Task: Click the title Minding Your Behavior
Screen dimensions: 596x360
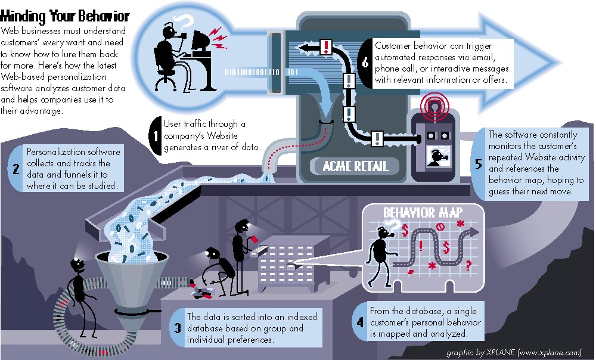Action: [x=65, y=16]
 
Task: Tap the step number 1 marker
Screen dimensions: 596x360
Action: [x=156, y=136]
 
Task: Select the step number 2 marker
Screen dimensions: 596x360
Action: [x=15, y=169]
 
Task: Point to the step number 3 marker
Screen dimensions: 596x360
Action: [x=177, y=328]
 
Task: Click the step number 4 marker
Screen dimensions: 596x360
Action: [x=359, y=322]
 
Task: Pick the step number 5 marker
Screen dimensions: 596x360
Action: [x=479, y=164]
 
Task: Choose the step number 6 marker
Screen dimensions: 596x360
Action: [x=365, y=63]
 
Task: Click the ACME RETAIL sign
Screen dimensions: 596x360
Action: [x=355, y=166]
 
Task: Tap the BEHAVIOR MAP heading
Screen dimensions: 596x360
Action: [x=423, y=212]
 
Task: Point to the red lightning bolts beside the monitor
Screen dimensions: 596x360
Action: [x=219, y=38]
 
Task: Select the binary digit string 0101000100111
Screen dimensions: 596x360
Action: [x=252, y=72]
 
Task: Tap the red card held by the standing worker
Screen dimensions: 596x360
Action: [x=254, y=238]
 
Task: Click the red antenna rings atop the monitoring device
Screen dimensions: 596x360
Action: [x=434, y=103]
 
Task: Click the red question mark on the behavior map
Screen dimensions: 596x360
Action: [x=468, y=265]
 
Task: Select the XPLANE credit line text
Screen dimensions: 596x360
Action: [x=514, y=352]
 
